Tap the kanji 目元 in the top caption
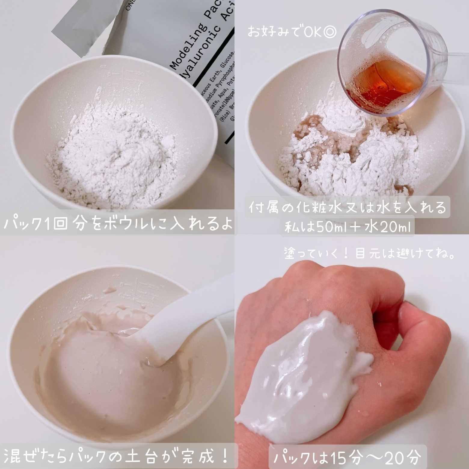(x=367, y=254)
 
